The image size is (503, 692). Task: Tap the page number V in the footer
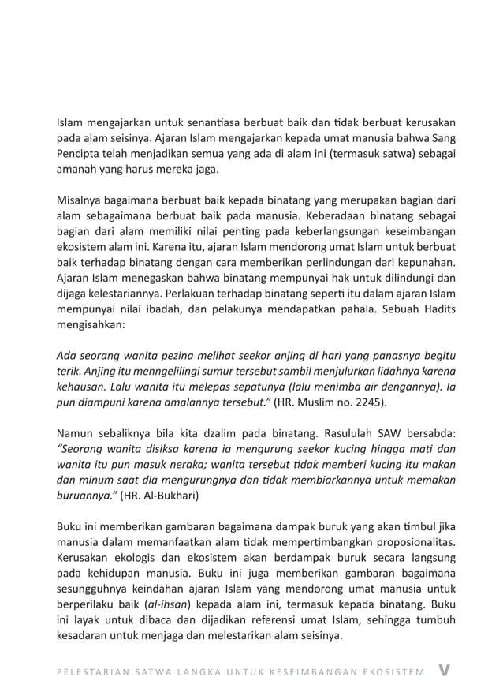(447, 670)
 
